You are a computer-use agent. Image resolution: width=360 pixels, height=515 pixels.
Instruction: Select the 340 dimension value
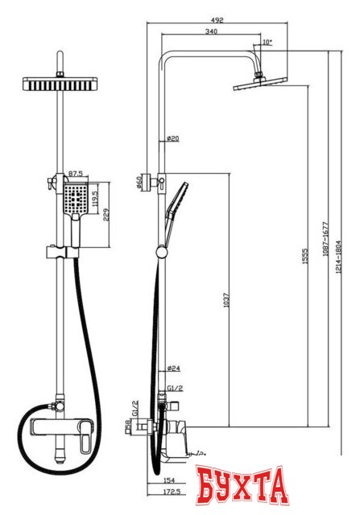click(212, 32)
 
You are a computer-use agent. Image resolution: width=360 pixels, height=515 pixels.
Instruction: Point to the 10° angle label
click(267, 41)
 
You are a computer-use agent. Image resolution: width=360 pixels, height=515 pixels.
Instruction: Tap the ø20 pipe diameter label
click(172, 139)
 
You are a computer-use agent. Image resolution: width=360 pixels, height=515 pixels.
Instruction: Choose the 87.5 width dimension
click(77, 173)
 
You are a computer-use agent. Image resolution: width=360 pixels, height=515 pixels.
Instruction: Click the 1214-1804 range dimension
click(341, 249)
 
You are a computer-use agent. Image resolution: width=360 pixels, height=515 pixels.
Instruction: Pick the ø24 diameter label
click(172, 369)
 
